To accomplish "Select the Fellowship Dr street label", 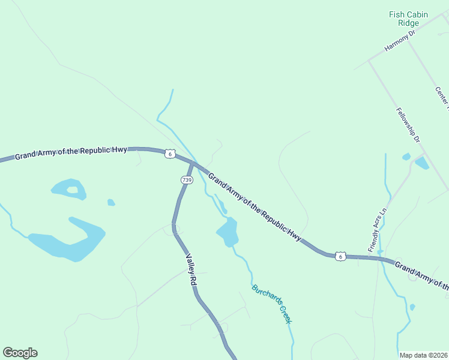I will (x=408, y=125).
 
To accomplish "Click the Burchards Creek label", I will (x=272, y=304).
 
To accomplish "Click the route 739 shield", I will (x=187, y=180).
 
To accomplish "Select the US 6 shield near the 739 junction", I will (x=170, y=154).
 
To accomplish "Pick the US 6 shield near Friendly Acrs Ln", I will (x=340, y=256).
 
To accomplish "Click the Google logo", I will (x=20, y=353).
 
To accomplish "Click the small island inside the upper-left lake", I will (x=73, y=190).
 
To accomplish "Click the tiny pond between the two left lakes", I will (x=111, y=203).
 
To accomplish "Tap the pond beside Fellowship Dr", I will (x=421, y=162).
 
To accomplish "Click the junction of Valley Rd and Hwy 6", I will (x=193, y=163).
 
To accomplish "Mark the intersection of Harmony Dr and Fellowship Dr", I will (x=369, y=60).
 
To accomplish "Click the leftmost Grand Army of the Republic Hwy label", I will (x=71, y=152).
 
